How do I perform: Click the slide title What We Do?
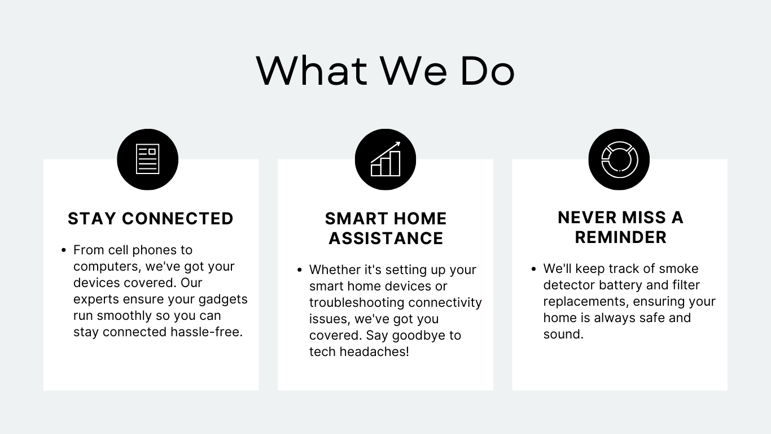(385, 71)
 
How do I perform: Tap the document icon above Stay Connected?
(148, 159)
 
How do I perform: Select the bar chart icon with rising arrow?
(385, 159)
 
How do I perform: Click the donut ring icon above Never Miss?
(620, 159)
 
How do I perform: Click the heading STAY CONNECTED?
(151, 219)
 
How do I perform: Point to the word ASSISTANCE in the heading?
(386, 238)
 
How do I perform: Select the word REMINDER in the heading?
(621, 237)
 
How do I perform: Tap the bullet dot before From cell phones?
(63, 250)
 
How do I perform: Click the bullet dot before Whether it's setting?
(299, 270)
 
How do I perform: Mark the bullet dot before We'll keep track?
(533, 269)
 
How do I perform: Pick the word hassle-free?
(207, 332)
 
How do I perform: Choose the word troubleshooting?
(357, 302)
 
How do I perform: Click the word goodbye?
(418, 336)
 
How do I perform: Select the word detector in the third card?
(569, 285)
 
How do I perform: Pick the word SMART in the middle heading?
(357, 219)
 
